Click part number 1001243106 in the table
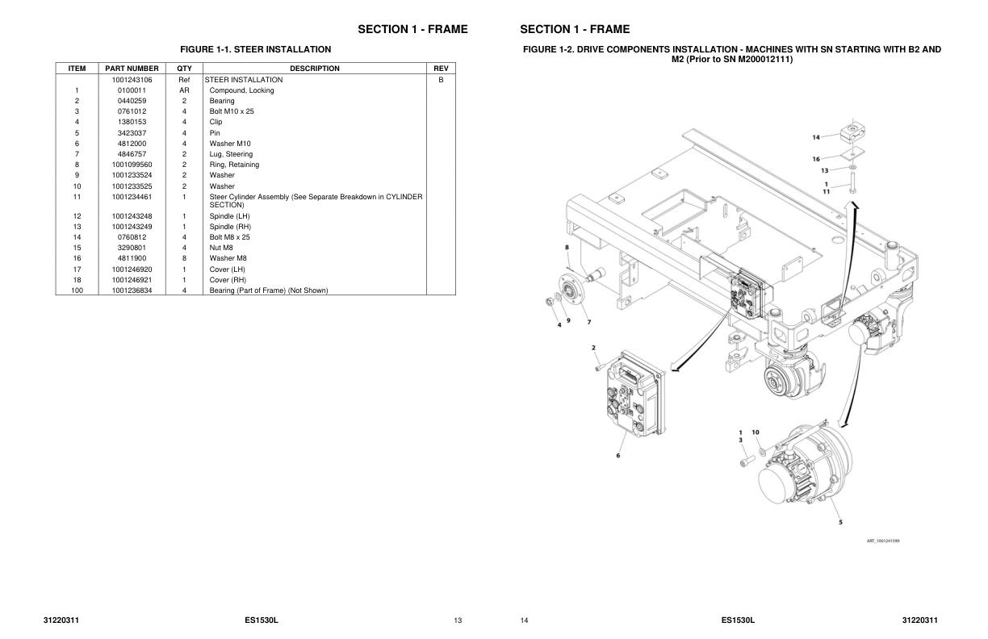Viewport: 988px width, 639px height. tap(132, 80)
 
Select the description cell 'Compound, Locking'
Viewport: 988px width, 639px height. tap(241, 90)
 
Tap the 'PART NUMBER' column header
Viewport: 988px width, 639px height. tap(132, 69)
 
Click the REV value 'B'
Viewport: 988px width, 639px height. tap(441, 80)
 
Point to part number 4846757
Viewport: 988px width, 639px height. tap(132, 154)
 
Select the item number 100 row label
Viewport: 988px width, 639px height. tap(77, 290)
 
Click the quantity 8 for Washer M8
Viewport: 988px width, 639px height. tap(184, 258)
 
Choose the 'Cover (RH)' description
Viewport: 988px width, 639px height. tap(228, 280)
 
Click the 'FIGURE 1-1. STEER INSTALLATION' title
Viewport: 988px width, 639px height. tap(255, 50)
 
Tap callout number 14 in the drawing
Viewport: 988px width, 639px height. tap(815, 137)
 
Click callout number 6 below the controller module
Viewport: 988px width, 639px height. tap(618, 456)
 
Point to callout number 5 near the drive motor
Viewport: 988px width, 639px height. tap(840, 522)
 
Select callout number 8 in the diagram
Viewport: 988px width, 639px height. tap(567, 247)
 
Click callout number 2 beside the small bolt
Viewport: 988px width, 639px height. tap(593, 348)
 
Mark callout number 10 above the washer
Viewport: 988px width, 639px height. tap(756, 432)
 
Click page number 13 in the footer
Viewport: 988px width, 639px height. tap(458, 620)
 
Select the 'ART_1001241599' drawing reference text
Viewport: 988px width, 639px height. tap(883, 541)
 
